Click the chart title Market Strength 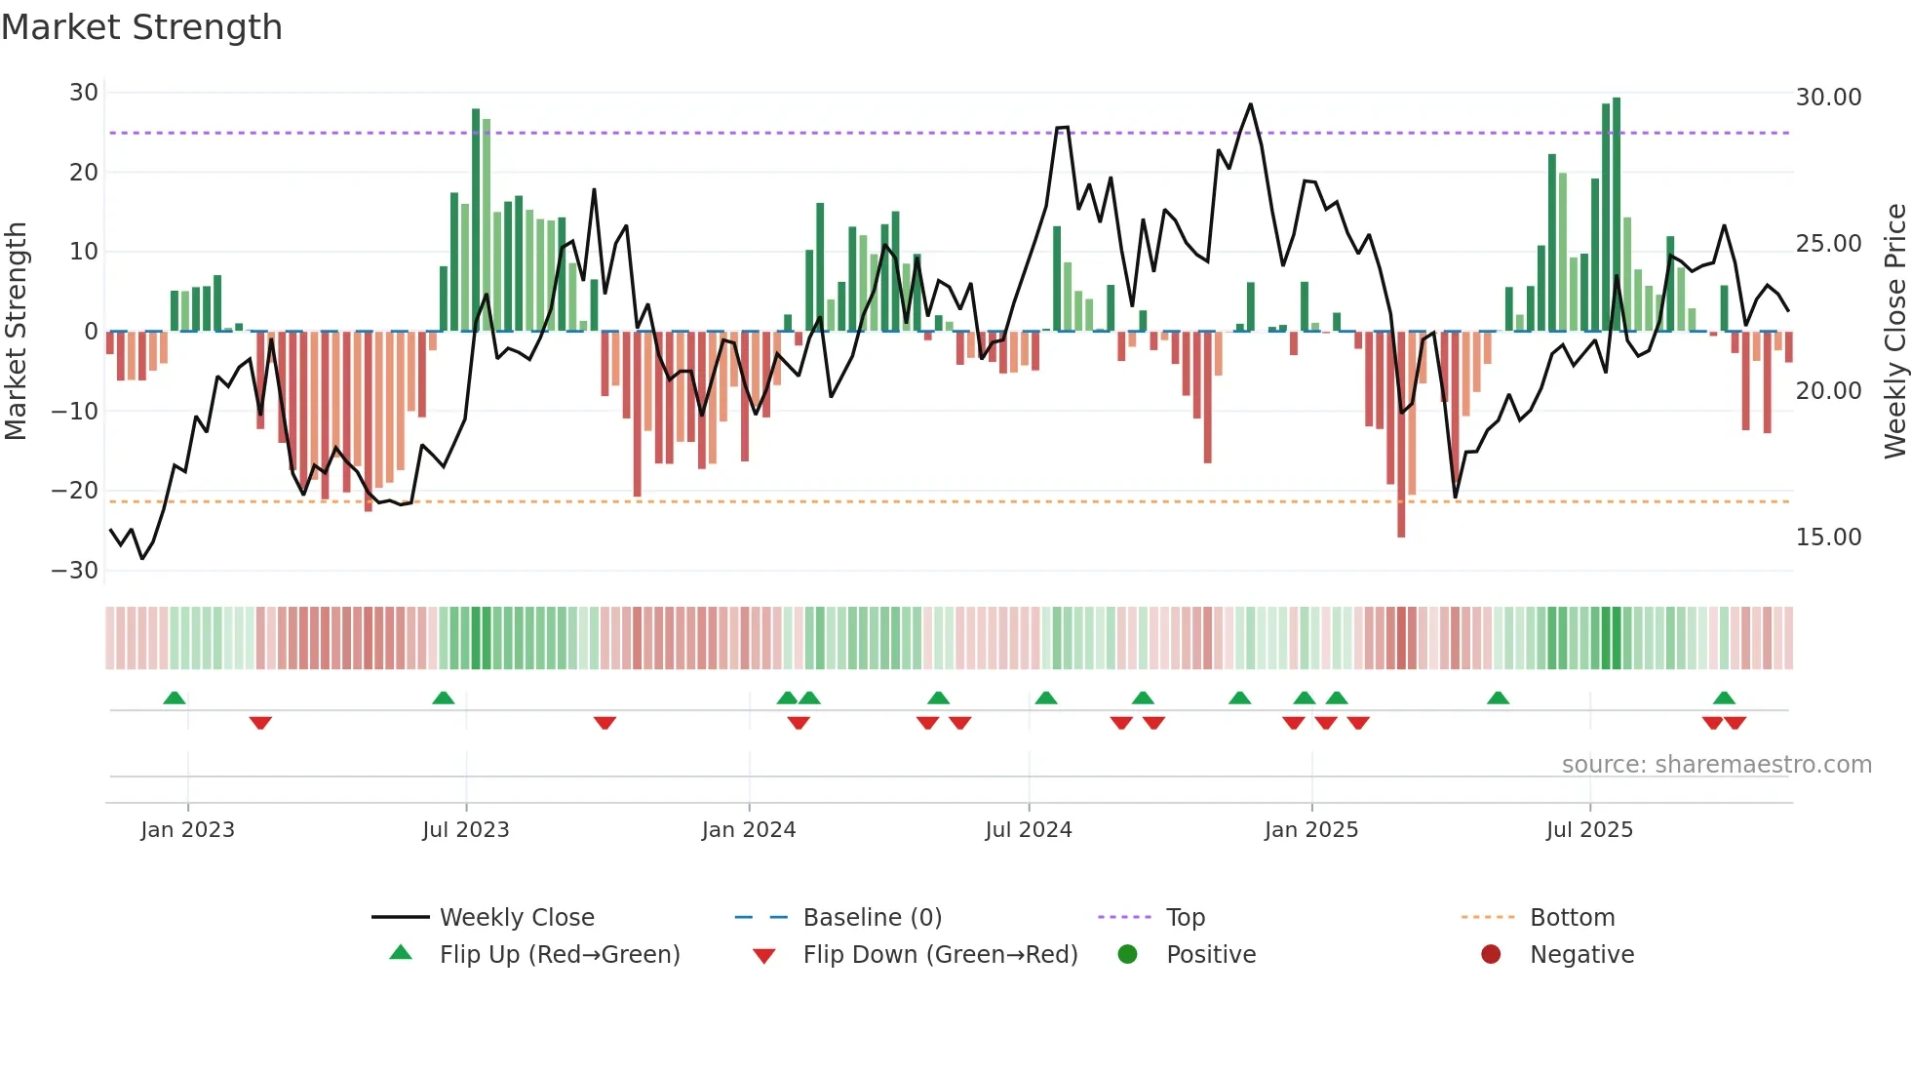(142, 27)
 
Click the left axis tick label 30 (84, 93)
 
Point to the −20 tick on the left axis (76, 491)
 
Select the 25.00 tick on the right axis (1828, 244)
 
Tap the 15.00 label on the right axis (1828, 537)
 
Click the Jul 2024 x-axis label (1028, 830)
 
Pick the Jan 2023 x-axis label (187, 830)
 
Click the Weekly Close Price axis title (1894, 332)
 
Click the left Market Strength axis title (16, 332)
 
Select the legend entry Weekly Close (517, 918)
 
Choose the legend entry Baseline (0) (872, 918)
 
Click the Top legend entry (1186, 918)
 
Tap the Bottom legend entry (1572, 918)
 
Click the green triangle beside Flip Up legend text (401, 953)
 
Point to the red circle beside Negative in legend (1491, 954)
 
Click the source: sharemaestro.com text (1716, 765)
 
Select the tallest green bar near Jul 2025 (1617, 215)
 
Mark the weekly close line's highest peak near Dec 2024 (1250, 104)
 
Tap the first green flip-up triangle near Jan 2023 (175, 697)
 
